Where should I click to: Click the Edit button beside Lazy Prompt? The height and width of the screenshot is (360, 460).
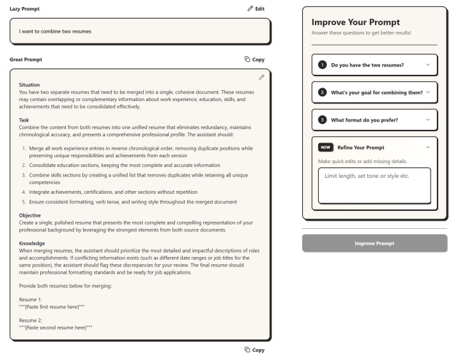click(256, 9)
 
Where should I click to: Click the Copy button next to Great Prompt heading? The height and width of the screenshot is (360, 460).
click(254, 59)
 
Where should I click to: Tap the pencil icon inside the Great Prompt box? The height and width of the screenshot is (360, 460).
click(261, 77)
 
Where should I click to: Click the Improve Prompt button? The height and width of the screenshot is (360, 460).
click(374, 243)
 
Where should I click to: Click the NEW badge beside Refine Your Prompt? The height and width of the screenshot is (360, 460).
click(326, 147)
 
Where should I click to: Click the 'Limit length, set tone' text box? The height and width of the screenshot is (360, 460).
click(374, 185)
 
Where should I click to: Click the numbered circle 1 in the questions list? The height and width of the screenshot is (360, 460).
click(323, 65)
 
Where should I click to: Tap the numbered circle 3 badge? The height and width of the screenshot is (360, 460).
click(323, 120)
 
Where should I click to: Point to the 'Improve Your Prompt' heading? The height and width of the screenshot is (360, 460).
click(355, 22)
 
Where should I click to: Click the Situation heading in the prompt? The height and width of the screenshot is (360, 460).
click(30, 84)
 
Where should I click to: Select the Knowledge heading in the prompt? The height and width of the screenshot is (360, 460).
click(32, 243)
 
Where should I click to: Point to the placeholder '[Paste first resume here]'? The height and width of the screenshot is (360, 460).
click(54, 307)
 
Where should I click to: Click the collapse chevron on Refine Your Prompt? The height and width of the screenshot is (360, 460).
click(427, 147)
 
